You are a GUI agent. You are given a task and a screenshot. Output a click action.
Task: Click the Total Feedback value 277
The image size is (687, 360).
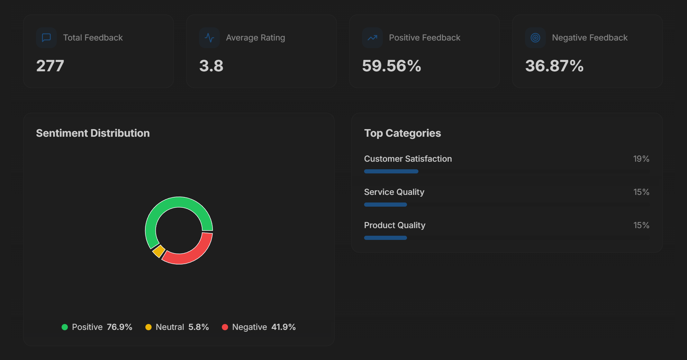50,66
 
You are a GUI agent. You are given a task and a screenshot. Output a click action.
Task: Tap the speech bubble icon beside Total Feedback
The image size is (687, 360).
46,37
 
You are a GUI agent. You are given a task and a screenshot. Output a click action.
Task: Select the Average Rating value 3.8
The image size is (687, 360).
211,66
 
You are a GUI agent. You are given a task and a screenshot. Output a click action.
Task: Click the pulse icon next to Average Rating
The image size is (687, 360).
209,37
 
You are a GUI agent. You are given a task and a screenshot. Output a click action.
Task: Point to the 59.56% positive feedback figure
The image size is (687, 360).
391,66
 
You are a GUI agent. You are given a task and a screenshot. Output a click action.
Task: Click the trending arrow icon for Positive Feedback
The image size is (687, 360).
372,37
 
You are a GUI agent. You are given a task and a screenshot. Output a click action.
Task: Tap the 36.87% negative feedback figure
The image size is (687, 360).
554,66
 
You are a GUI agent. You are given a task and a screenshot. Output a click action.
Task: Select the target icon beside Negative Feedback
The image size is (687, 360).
535,37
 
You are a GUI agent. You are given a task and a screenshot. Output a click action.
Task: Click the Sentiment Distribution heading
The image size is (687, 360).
93,133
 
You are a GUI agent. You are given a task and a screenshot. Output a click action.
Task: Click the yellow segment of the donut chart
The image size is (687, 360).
159,251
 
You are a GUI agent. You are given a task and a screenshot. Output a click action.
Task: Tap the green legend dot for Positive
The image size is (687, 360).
65,327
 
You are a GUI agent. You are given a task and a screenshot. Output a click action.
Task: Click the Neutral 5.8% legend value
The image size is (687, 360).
198,327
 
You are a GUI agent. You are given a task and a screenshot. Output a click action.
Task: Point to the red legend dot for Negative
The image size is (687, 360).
225,327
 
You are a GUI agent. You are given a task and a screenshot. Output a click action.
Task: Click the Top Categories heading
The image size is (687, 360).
403,133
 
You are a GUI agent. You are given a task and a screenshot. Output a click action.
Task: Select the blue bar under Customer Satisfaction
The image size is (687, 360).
391,171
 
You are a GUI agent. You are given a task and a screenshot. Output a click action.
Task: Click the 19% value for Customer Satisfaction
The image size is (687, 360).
641,159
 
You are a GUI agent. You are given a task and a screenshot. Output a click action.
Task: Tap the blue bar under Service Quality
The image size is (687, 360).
386,205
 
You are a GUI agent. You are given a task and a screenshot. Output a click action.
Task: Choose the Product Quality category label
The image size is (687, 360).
395,225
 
